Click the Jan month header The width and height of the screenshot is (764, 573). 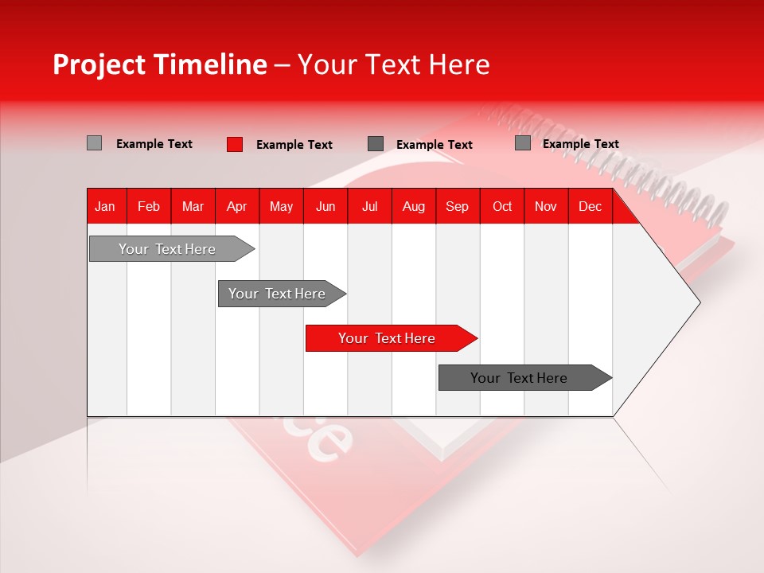pyautogui.click(x=105, y=206)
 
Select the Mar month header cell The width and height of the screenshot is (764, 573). pyautogui.click(x=193, y=206)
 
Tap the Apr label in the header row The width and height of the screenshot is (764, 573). pyautogui.click(x=236, y=206)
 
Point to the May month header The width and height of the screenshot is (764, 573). pyautogui.click(x=281, y=206)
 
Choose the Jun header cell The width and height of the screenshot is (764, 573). pyautogui.click(x=325, y=206)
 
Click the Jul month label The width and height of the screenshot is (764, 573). pyautogui.click(x=369, y=206)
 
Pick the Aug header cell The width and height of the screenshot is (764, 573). pyautogui.click(x=414, y=206)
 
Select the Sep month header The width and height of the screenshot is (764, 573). pyautogui.click(x=457, y=206)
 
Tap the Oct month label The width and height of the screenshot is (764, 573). pyautogui.click(x=502, y=206)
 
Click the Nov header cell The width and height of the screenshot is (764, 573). pyautogui.click(x=546, y=206)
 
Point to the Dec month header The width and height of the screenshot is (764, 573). pyautogui.click(x=590, y=206)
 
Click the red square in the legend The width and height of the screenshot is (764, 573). pyautogui.click(x=234, y=144)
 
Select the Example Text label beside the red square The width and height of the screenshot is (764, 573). pyautogui.click(x=294, y=144)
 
